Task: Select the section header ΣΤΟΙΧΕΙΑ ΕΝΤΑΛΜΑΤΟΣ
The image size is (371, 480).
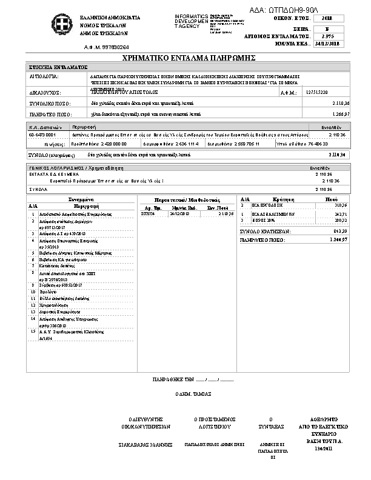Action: tap(59, 67)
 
